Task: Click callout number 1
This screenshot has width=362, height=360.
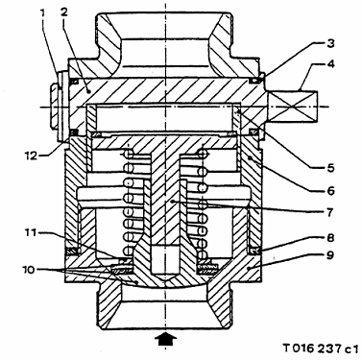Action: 42,12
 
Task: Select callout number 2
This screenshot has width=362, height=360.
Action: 64,12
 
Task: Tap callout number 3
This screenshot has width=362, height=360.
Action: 330,43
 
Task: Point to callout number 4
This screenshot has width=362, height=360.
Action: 330,63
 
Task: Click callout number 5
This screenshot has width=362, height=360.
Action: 330,168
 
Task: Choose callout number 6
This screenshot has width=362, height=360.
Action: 330,191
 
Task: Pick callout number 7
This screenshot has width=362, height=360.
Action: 330,212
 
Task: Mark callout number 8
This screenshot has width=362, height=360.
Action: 330,238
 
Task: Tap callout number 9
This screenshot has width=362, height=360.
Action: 330,255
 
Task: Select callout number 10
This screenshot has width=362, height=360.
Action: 29,269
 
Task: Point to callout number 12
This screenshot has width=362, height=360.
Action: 32,156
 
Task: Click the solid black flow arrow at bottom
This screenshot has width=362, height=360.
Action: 165,339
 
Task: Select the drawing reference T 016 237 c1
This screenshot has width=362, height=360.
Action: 321,348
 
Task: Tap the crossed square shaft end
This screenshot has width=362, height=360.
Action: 292,106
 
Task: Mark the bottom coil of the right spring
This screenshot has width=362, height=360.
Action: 203,254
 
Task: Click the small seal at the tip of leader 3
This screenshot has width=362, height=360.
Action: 253,81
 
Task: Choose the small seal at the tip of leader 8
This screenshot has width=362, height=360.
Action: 254,252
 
